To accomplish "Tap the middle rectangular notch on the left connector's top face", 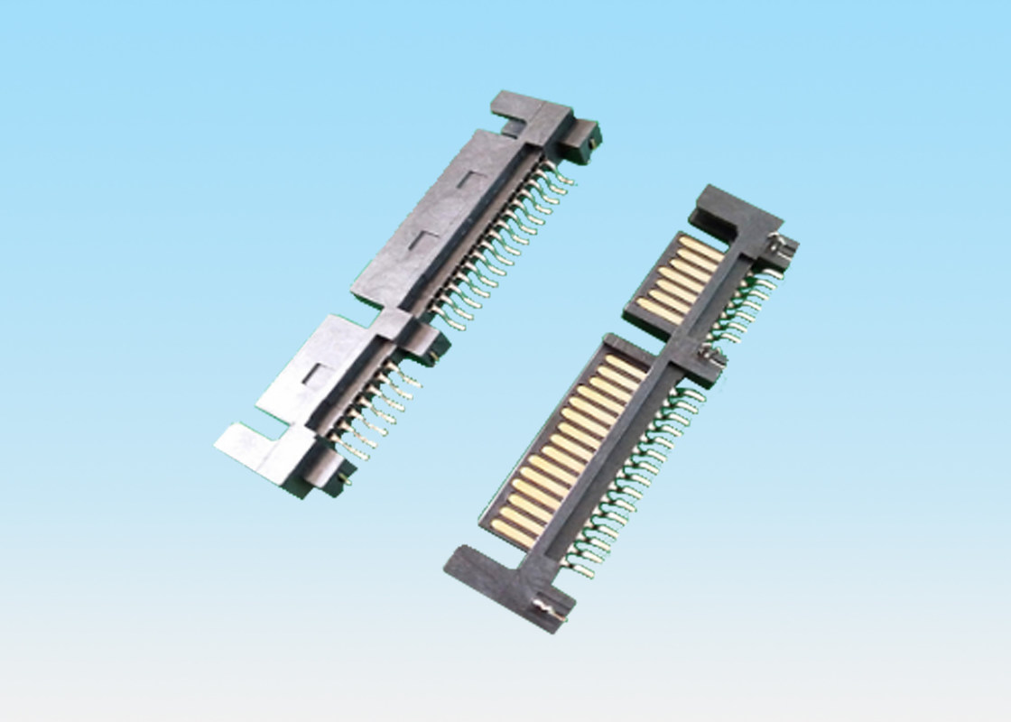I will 425,239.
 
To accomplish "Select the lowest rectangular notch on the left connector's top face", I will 313,374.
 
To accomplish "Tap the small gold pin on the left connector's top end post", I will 591,138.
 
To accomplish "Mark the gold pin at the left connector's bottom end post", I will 344,483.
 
